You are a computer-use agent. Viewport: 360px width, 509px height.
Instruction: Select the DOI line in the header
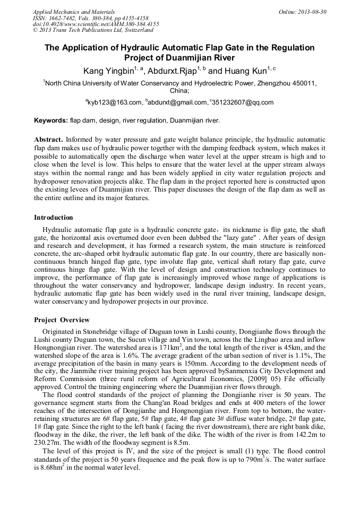point(96,24)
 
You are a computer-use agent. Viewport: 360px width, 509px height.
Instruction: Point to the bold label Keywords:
point(51,120)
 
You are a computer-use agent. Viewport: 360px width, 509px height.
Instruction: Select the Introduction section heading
point(54,218)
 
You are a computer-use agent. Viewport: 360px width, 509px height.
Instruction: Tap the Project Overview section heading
point(62,320)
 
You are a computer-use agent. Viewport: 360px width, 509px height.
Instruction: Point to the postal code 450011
point(304,83)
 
